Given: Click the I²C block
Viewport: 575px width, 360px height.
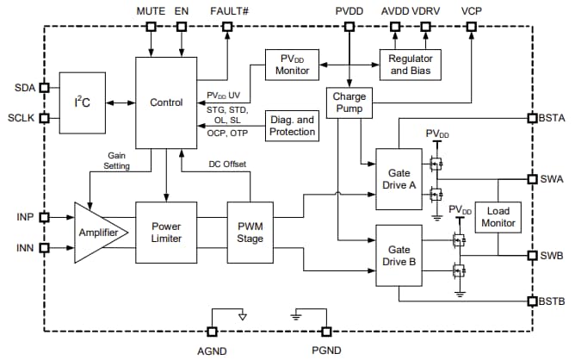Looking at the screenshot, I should [82, 102].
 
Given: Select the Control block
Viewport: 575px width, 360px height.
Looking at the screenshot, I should [166, 102].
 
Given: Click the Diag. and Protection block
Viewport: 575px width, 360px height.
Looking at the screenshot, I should [293, 127].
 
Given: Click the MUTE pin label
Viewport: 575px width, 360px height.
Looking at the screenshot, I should [151, 9].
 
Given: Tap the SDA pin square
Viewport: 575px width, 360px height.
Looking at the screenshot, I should [44, 87].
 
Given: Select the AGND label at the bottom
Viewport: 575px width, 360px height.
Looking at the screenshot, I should [211, 351].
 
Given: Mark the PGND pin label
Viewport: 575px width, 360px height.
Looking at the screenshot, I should [325, 351].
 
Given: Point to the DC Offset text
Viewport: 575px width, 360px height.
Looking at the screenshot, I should [228, 164].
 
